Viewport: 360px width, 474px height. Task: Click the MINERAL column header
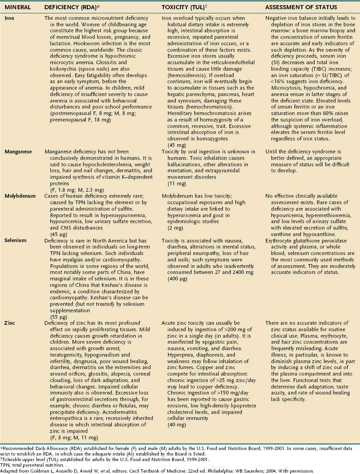point(17,8)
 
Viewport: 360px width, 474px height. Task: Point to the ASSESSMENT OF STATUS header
point(301,8)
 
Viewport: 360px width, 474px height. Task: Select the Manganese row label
point(18,151)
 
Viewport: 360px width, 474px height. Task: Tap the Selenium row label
point(16,241)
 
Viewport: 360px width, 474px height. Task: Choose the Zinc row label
point(11,323)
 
